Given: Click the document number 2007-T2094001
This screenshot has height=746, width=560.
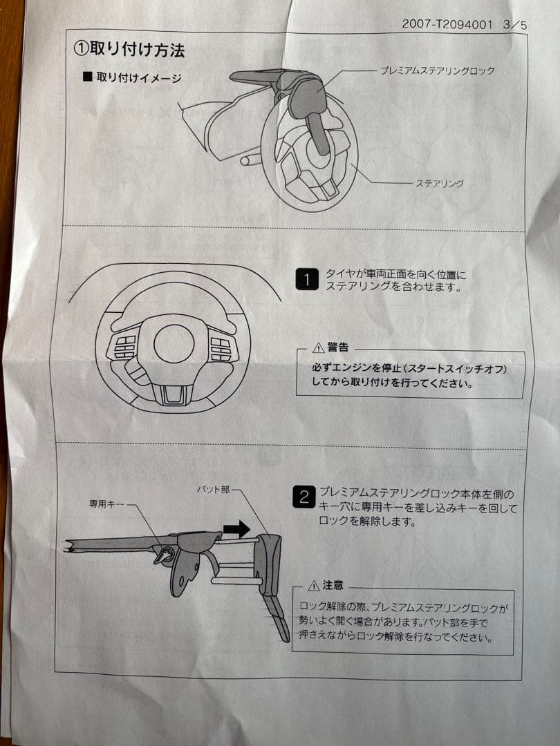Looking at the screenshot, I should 447,24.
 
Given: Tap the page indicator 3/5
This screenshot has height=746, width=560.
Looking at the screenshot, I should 516,25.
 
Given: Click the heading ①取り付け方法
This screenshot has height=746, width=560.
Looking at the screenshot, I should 129,50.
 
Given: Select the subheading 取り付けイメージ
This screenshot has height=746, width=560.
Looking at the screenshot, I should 138,77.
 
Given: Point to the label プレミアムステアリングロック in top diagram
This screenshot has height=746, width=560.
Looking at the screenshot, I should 437,70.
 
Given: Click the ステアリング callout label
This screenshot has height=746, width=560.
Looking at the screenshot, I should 439,183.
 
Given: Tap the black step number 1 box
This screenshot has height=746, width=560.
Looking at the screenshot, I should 306,279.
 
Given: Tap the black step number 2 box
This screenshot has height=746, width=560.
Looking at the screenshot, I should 304,497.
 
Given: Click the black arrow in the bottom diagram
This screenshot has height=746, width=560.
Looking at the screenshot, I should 236,530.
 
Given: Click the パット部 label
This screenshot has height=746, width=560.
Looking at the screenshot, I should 215,489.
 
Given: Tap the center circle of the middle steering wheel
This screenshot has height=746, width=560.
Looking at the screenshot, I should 174,343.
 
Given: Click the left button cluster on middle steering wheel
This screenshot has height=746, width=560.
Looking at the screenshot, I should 125,347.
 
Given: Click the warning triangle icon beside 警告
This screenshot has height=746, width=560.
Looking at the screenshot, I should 318,347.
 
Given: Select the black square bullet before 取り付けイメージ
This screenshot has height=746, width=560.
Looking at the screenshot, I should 87,77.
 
